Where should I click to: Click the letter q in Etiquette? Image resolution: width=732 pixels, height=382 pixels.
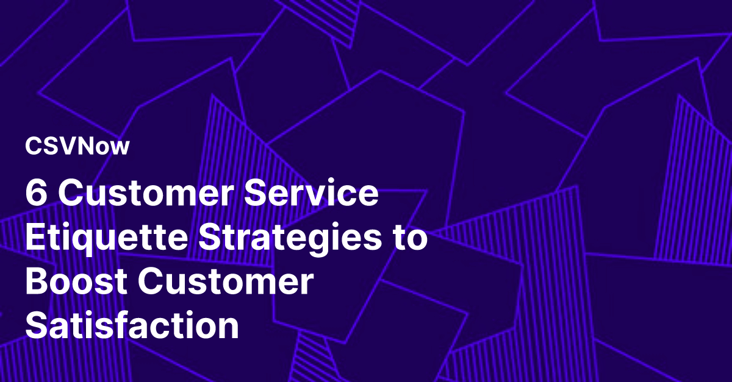tap(87, 243)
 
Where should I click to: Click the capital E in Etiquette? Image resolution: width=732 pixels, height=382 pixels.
tap(36, 239)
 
